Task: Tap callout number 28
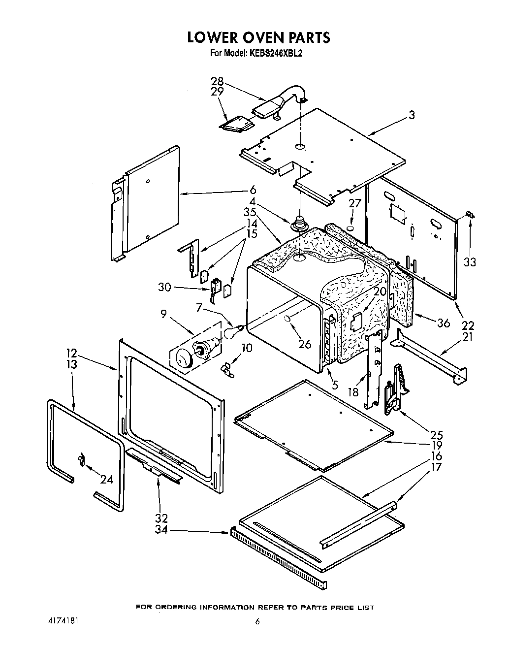(217, 82)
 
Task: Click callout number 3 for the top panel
(412, 115)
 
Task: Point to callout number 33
(470, 262)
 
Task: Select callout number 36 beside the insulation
(444, 323)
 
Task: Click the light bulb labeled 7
(232, 331)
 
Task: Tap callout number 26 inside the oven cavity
(305, 344)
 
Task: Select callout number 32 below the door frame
(161, 518)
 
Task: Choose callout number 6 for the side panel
(253, 190)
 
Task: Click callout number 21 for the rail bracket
(468, 337)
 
